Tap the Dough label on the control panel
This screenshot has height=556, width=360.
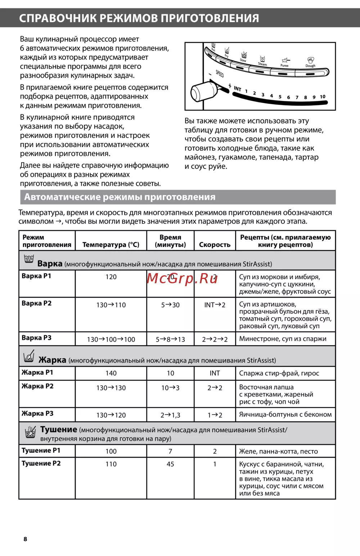point(310,66)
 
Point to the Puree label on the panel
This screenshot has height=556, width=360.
point(284,65)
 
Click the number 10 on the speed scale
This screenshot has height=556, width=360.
point(323,96)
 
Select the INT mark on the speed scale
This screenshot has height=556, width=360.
point(238,89)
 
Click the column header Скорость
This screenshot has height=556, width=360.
point(215,245)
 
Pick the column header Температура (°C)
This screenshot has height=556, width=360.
point(111,245)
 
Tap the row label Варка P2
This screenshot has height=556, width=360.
point(37,303)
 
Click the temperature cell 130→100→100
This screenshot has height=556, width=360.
point(111,339)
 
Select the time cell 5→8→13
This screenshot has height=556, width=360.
point(170,339)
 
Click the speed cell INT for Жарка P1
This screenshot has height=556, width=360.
point(215,373)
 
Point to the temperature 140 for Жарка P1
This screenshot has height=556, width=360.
point(111,373)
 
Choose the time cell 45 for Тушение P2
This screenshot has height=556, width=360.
point(170,464)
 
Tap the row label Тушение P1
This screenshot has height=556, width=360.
point(41,451)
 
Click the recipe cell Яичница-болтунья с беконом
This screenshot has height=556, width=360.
point(285,415)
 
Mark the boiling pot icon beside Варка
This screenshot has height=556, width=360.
point(29,259)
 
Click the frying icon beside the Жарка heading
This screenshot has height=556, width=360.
point(29,356)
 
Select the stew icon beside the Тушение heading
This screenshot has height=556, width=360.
point(31,432)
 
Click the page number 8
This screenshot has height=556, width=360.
point(25,539)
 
